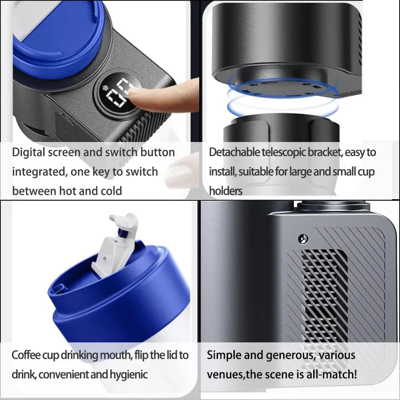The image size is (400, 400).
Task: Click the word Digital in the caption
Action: point(28,152)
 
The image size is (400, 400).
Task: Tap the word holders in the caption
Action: point(226,191)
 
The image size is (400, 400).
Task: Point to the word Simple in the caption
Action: point(224,355)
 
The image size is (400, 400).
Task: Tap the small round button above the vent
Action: point(303,239)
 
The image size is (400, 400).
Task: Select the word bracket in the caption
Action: point(324,152)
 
